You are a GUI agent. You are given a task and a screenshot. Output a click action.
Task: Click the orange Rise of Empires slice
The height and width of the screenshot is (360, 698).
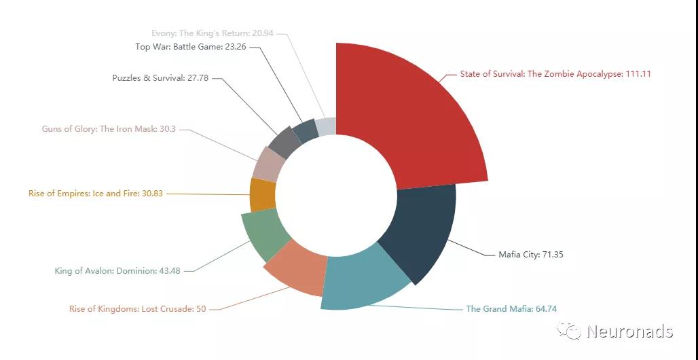(262, 194)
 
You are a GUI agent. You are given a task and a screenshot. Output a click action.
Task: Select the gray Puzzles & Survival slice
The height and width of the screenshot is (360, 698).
(284, 142)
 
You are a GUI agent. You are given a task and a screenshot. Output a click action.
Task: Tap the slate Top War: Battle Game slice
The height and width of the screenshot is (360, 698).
(305, 130)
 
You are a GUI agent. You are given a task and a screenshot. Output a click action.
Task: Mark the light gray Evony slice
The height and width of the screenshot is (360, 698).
(327, 126)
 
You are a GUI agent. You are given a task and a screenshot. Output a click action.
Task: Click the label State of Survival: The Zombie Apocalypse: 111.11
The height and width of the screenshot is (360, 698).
(555, 74)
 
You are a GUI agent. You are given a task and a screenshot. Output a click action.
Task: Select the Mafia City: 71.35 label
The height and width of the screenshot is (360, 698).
(531, 255)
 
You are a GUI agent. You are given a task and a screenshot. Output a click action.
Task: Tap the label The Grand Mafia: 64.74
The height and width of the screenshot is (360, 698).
(511, 309)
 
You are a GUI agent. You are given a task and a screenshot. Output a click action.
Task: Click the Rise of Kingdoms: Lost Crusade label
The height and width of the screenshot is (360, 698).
(137, 309)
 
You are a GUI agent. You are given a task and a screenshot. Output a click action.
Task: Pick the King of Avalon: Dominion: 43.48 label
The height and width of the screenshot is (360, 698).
(117, 271)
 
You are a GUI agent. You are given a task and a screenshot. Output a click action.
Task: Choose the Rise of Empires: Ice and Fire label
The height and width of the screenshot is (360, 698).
(96, 194)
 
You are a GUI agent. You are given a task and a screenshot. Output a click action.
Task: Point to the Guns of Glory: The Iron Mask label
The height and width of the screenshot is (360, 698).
(109, 128)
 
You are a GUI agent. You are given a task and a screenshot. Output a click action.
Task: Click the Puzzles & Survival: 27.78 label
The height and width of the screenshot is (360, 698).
(160, 78)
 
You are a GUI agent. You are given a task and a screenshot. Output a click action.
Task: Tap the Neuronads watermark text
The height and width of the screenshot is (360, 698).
(629, 331)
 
